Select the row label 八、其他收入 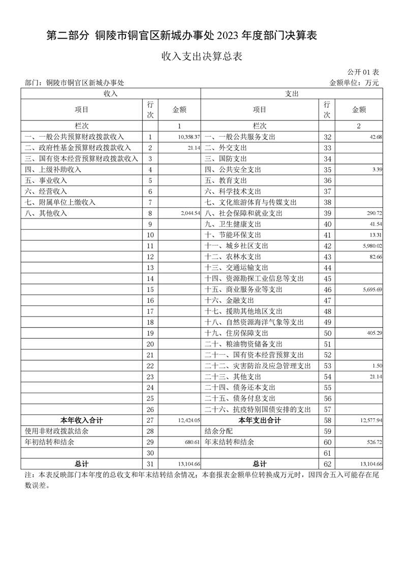click(x=46, y=213)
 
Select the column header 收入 click(x=111, y=94)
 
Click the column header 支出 click(x=292, y=94)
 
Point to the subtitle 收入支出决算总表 click(x=201, y=56)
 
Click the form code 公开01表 click(x=363, y=73)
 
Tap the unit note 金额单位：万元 click(x=354, y=82)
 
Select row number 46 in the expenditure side click(x=327, y=290)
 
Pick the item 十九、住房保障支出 click(x=236, y=333)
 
